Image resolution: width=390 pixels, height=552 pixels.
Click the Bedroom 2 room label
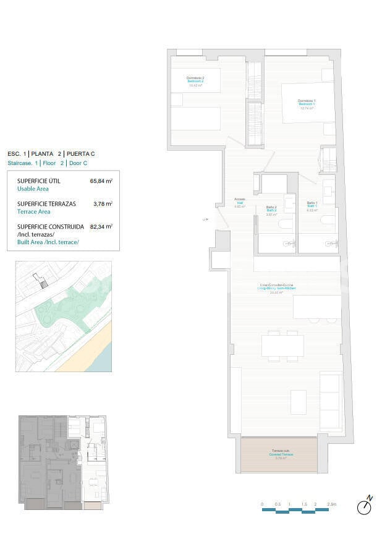pos(195,81)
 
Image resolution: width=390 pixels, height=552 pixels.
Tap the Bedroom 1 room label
pos(307,103)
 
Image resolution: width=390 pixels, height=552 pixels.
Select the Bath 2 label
pos(271,210)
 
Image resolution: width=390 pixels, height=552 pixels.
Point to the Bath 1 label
pos(312,206)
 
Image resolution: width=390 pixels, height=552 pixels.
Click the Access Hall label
pos(240,202)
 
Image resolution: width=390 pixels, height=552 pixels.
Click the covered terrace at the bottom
pos(279,455)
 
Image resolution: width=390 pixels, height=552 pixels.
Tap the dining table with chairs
pos(282,346)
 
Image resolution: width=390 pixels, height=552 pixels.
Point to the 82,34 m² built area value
pos(101,226)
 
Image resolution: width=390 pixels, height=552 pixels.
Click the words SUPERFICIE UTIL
pos(38,181)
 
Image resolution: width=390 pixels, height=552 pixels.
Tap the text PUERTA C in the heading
pos(80,153)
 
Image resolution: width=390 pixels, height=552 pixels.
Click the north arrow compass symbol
pos(365,506)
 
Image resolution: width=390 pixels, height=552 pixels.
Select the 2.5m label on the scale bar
pos(331,505)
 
